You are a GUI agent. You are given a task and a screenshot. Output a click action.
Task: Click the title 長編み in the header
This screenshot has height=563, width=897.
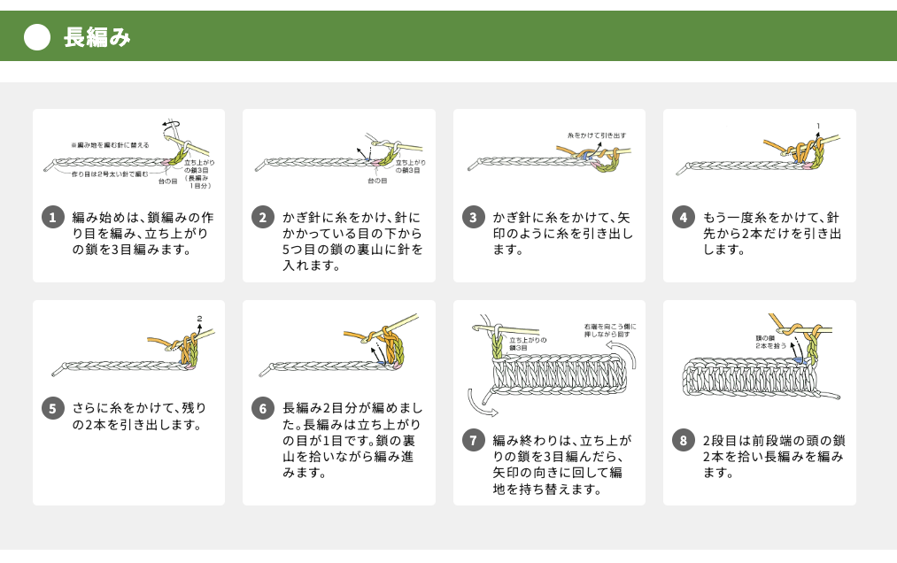pyautogui.click(x=97, y=37)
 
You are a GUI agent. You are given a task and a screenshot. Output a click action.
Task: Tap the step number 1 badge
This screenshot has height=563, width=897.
pyautogui.click(x=53, y=218)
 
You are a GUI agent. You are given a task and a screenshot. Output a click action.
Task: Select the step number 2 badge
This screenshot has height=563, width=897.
pyautogui.click(x=263, y=218)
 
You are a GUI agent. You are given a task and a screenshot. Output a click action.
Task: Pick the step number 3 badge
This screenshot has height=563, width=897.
pyautogui.click(x=474, y=218)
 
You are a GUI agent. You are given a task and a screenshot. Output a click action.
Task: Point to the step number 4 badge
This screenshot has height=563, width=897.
pyautogui.click(x=684, y=218)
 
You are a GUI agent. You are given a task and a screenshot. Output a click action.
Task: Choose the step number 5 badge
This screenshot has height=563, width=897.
pyautogui.click(x=53, y=408)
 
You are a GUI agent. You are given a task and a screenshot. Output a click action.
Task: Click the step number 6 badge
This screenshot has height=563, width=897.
pyautogui.click(x=263, y=408)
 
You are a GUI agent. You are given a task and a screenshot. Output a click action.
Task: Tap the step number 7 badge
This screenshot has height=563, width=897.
pyautogui.click(x=474, y=440)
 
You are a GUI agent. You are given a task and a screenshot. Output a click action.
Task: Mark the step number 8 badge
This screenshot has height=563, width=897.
pyautogui.click(x=684, y=440)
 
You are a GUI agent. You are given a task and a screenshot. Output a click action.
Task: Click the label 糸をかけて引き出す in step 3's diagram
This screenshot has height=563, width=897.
pyautogui.click(x=597, y=135)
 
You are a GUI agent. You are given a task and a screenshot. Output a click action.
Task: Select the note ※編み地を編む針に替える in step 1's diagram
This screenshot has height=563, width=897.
pyautogui.click(x=111, y=144)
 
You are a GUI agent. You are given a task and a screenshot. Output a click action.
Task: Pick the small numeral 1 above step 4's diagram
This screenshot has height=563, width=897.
pyautogui.click(x=818, y=126)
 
